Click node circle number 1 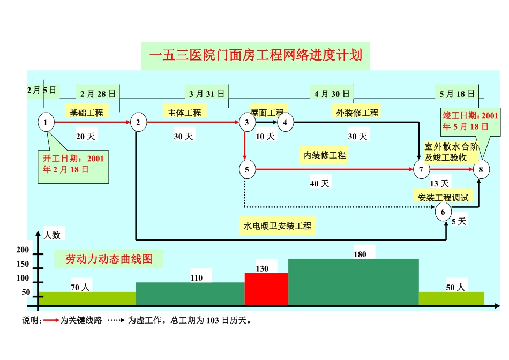pos(46,122)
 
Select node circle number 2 pos(138,122)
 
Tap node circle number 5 pos(247,170)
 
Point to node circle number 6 pos(443,212)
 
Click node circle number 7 pos(421,170)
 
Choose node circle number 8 pos(481,170)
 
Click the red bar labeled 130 pos(266,289)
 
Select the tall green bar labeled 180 pos(353,282)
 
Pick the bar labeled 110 pos(190,294)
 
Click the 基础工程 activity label pos(86,112)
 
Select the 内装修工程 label pos(325,155)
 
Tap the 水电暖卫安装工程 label pos(278,226)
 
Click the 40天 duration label pos(320,184)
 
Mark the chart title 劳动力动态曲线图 pos(109,259)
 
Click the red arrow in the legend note pos(51,321)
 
